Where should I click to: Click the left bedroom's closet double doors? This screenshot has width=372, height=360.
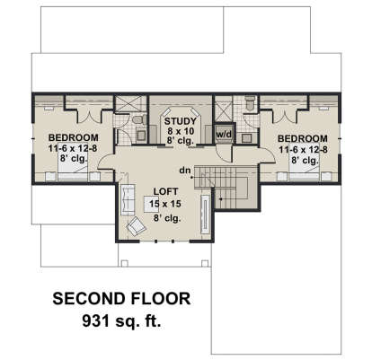coord(68,112)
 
